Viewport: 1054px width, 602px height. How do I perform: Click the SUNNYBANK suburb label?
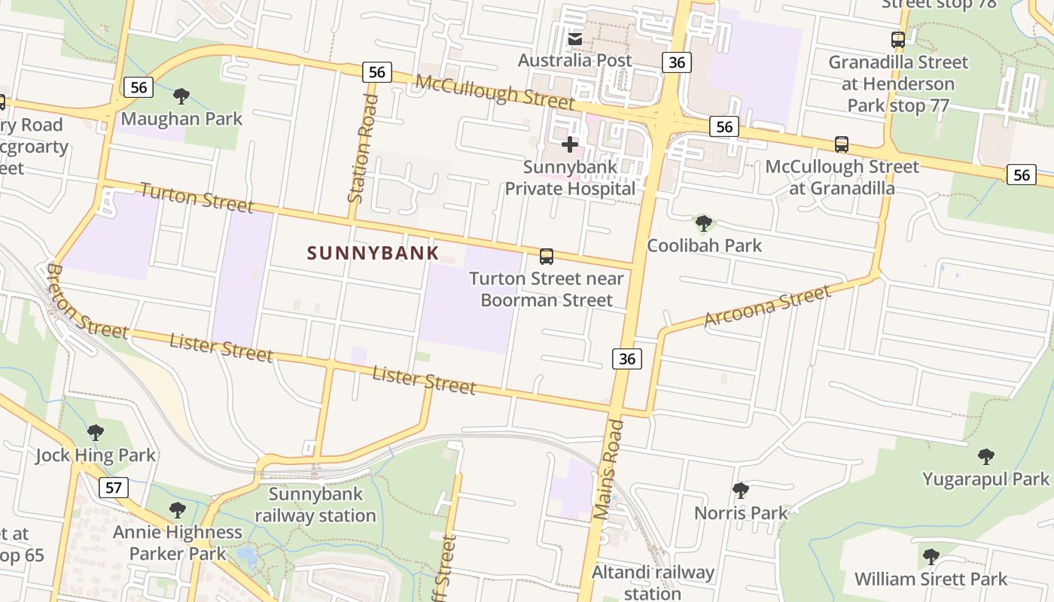click(373, 253)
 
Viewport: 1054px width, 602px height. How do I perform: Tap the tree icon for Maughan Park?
click(181, 96)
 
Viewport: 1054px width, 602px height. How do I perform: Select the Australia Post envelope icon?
click(575, 39)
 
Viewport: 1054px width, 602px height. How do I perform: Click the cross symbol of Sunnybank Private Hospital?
click(570, 144)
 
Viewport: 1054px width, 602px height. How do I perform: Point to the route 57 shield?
click(113, 488)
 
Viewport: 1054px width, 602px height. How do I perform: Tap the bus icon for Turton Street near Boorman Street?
click(547, 257)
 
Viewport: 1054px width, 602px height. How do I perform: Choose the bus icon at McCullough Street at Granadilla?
click(842, 144)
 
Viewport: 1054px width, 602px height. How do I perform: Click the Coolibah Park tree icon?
click(704, 223)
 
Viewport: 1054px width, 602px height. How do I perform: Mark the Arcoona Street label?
click(767, 306)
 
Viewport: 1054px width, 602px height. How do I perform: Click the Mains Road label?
click(609, 470)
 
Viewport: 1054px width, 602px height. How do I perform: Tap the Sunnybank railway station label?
click(315, 505)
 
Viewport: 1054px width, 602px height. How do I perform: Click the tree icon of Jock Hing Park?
click(96, 433)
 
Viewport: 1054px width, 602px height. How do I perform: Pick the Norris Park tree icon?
click(741, 491)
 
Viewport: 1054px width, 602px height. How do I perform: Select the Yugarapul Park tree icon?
click(985, 457)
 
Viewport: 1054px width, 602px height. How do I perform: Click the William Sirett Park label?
click(931, 579)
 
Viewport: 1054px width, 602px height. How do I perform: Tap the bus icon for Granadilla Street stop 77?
click(897, 40)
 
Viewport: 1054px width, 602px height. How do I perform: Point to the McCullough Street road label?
click(495, 92)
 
